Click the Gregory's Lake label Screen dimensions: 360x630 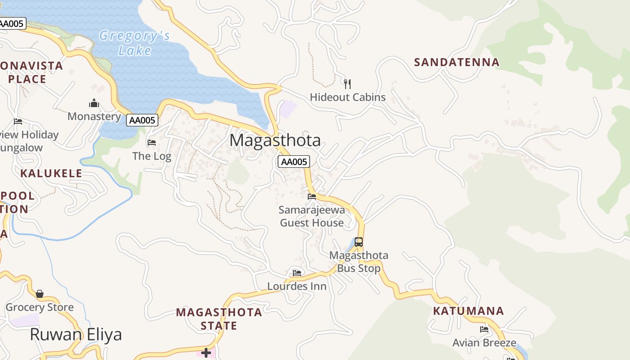135,43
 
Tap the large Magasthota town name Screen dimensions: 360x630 275,140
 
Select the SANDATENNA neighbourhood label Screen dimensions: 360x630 456,62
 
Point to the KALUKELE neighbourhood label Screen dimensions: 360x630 51,173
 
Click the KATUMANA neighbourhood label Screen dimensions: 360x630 468,310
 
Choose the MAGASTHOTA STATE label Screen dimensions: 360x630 219,318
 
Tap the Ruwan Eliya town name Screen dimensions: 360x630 76,335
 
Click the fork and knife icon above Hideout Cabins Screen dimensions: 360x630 347,84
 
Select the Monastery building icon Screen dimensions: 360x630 94,103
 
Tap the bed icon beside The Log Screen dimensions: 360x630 152,143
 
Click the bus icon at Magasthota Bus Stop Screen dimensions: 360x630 358,242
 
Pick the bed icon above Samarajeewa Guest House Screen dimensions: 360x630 311,196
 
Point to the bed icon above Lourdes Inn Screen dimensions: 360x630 297,273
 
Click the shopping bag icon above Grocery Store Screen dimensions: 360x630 40,294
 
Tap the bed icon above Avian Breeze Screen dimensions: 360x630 484,329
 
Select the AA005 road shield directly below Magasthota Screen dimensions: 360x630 294,162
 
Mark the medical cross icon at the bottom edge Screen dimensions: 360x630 206,352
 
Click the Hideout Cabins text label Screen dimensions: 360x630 347,97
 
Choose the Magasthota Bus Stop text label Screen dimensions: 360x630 359,262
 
